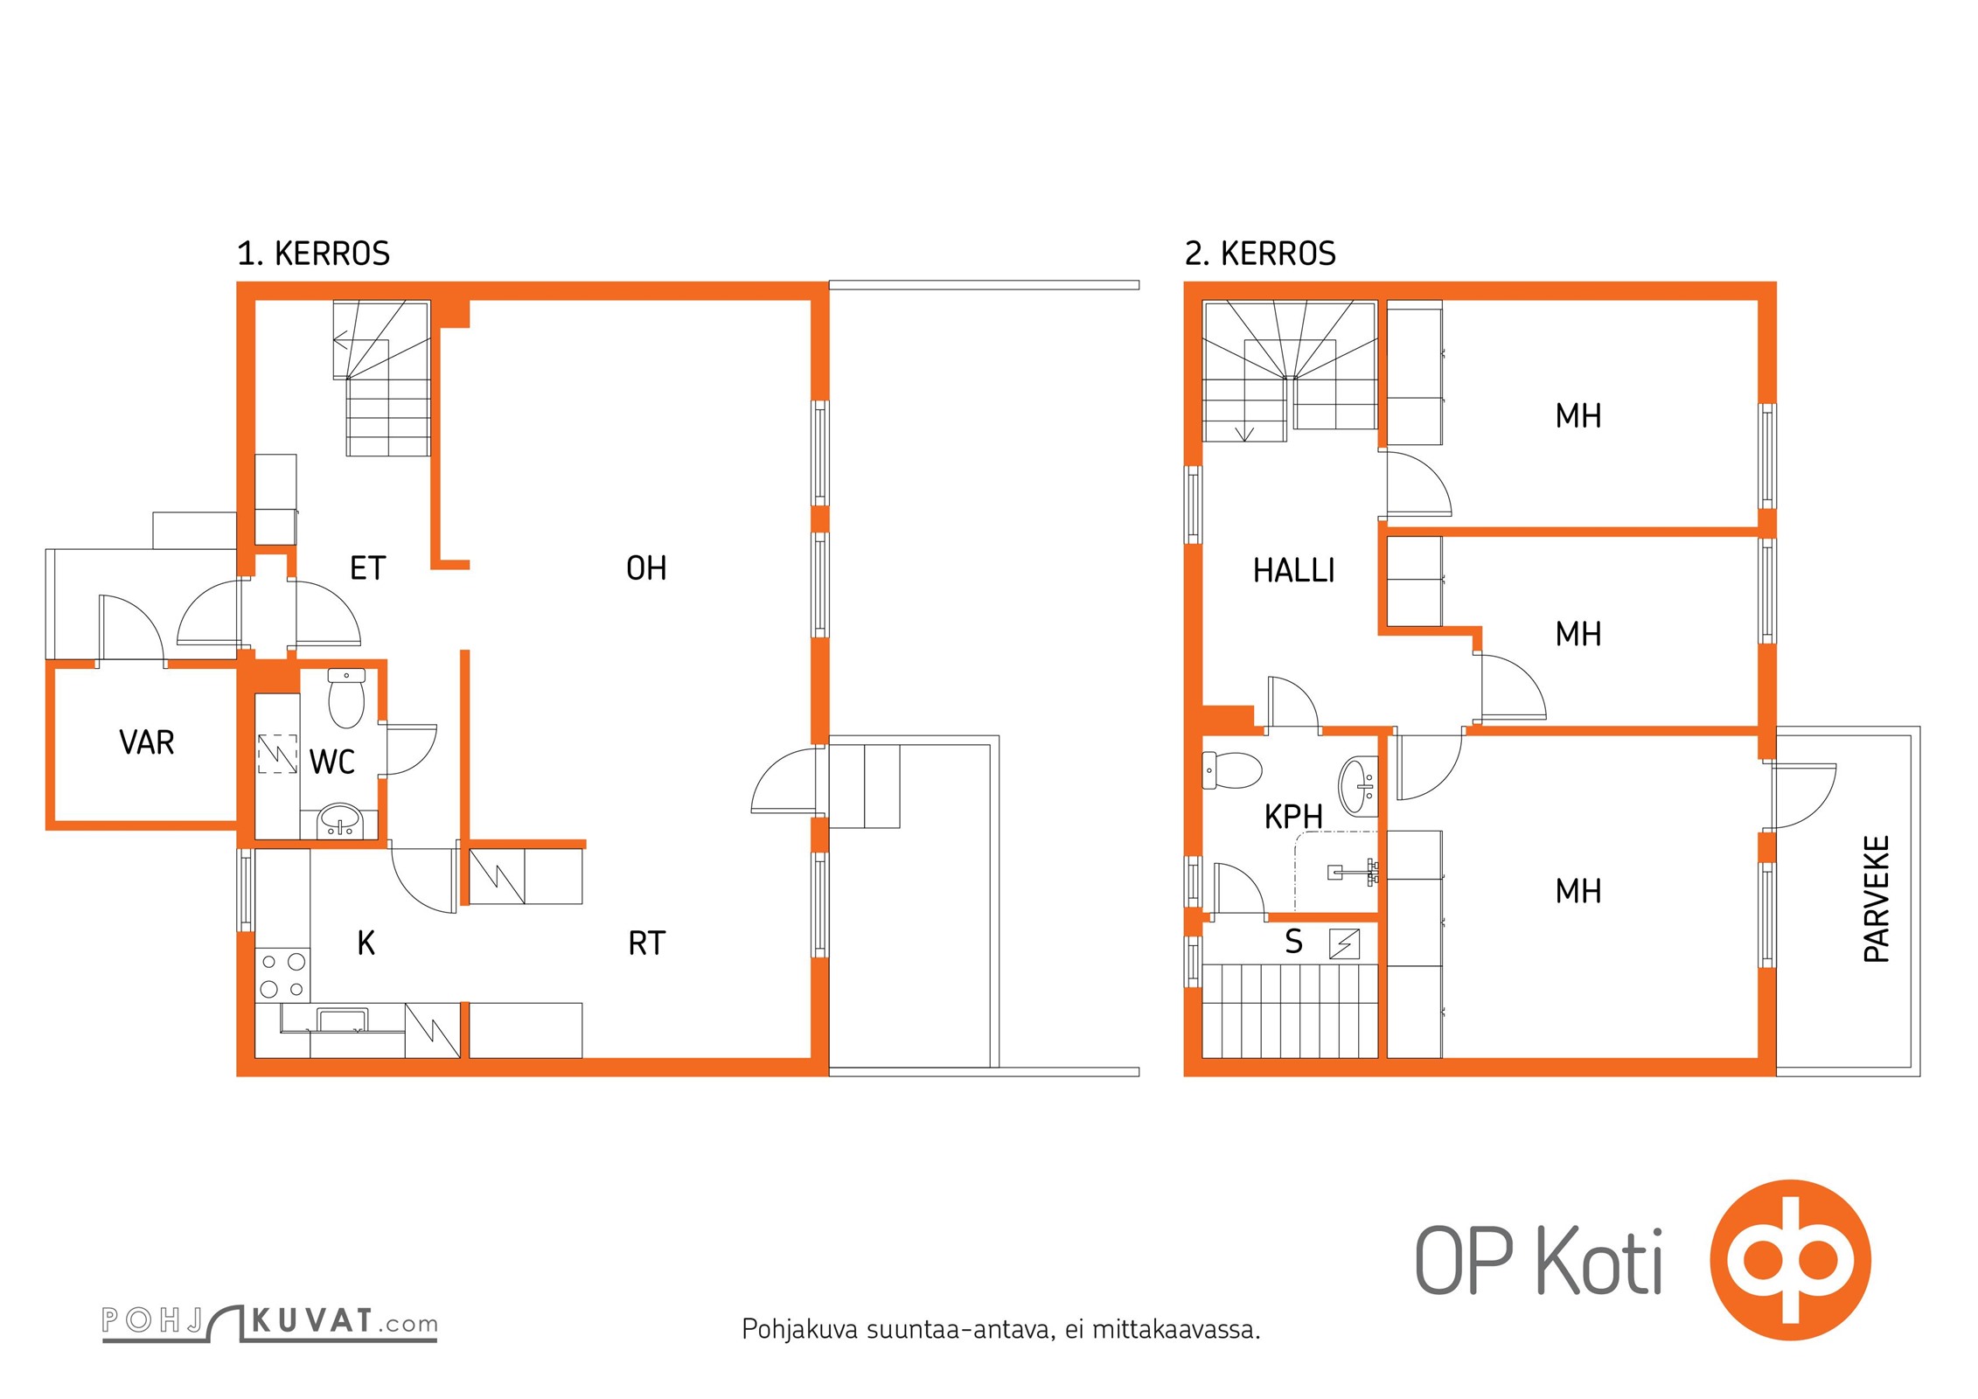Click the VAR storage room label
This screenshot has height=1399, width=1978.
point(147,742)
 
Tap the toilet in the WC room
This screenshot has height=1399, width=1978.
point(346,698)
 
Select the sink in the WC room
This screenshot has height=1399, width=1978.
point(339,819)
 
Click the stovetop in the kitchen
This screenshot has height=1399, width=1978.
point(282,975)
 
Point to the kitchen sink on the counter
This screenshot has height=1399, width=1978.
point(342,1020)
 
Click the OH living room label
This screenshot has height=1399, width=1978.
point(646,568)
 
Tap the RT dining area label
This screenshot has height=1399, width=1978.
point(647,943)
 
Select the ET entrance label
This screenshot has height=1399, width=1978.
point(367,568)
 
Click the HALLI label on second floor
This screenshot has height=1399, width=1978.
point(1294,571)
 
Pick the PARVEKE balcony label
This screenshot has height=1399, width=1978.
point(1877,899)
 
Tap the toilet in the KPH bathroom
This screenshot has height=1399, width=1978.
point(1232,769)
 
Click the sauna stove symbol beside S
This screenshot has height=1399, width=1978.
point(1345,944)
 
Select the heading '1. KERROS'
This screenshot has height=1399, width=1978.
point(313,254)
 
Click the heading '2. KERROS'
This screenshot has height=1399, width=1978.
point(1260,254)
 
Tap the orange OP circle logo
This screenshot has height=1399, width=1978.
point(1791,1260)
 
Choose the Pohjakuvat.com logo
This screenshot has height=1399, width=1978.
point(269,1322)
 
